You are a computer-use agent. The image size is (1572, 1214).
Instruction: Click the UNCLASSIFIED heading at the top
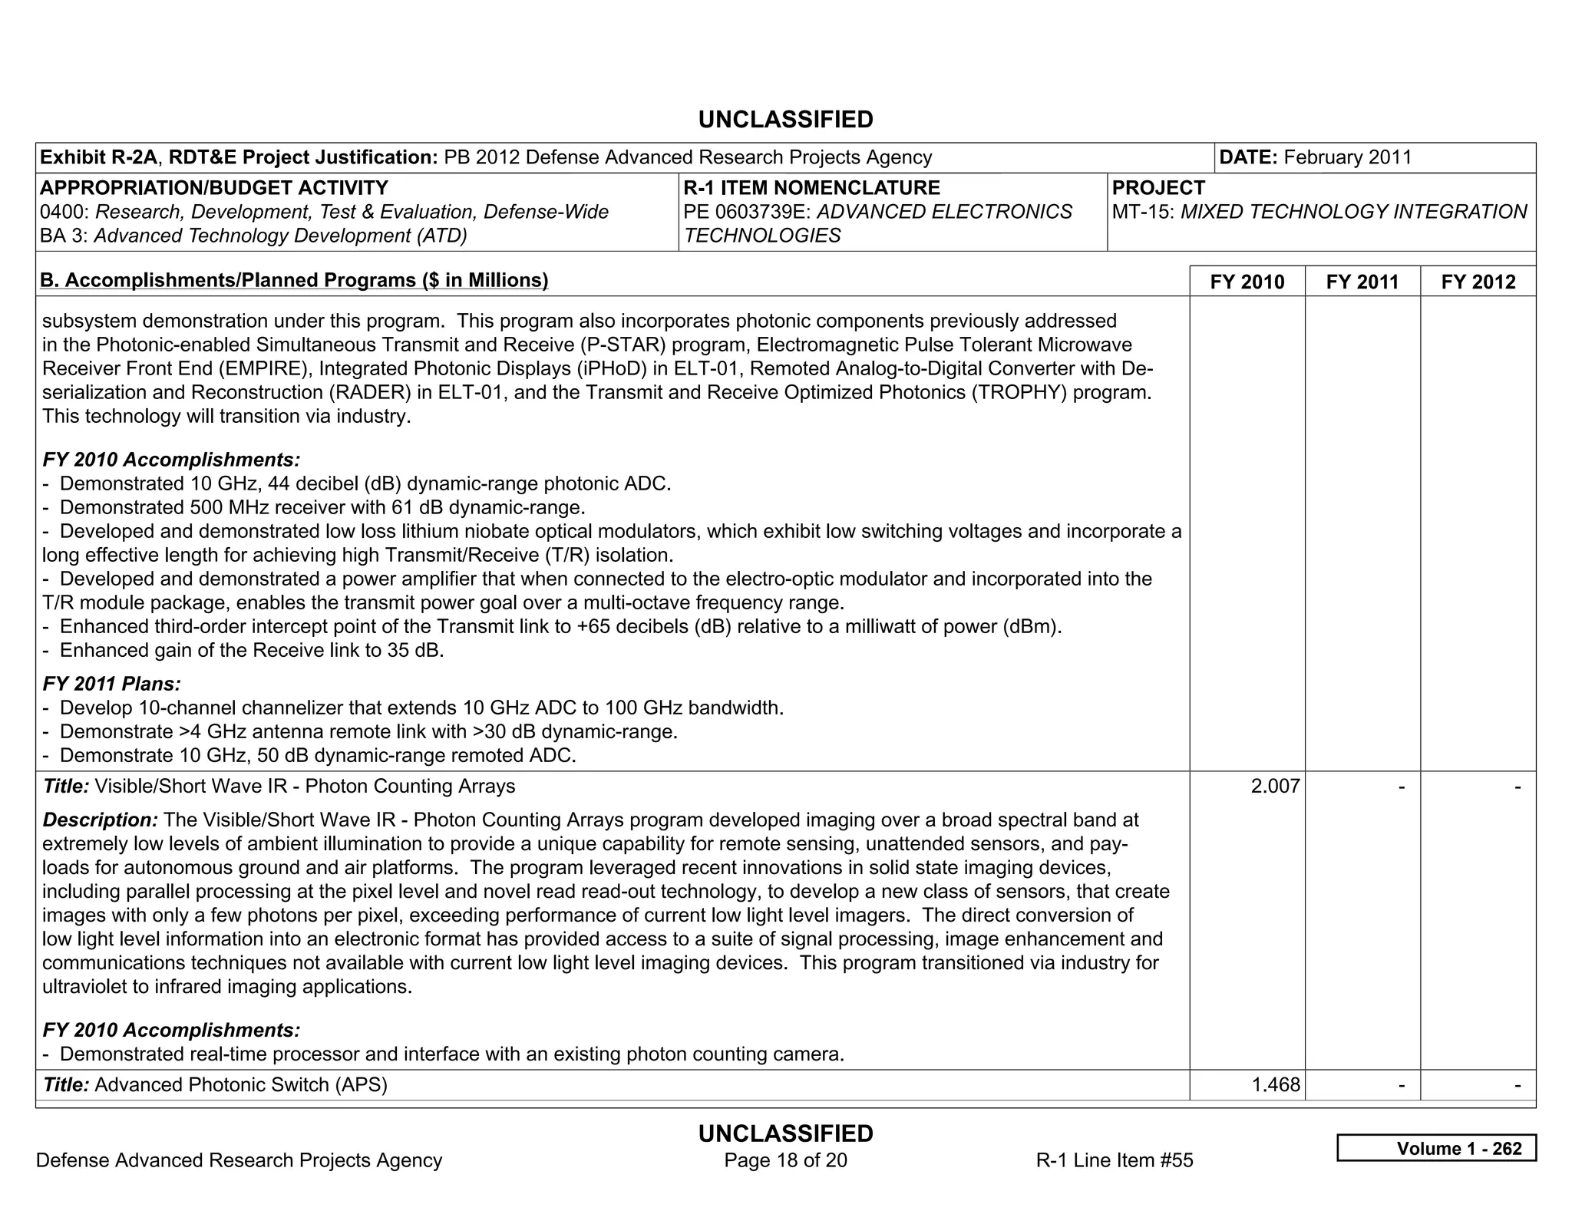point(785,120)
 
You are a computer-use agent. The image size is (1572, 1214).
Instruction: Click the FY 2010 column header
point(1247,282)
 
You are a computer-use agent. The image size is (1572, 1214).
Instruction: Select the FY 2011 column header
point(1362,282)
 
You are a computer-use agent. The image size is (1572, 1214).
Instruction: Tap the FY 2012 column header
point(1478,282)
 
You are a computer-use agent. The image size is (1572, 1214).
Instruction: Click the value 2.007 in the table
point(1275,786)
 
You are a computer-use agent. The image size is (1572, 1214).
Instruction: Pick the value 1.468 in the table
point(1275,1084)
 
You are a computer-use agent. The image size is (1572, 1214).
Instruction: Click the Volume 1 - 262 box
point(1436,1148)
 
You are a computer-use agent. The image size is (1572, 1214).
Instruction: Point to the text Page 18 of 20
point(785,1160)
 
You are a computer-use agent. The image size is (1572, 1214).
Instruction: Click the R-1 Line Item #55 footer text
point(1114,1160)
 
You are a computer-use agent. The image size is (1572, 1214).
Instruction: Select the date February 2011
point(1347,157)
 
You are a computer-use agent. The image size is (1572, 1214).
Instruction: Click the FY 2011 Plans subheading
point(112,683)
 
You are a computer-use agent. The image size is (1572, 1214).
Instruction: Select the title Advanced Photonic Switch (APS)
point(240,1084)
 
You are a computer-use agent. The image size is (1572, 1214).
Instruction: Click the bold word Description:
point(101,820)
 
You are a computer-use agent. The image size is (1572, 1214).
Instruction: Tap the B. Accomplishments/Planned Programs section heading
point(294,280)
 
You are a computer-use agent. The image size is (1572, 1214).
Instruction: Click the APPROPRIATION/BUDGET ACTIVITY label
point(214,188)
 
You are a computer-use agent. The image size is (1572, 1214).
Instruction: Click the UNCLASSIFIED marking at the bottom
point(785,1133)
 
